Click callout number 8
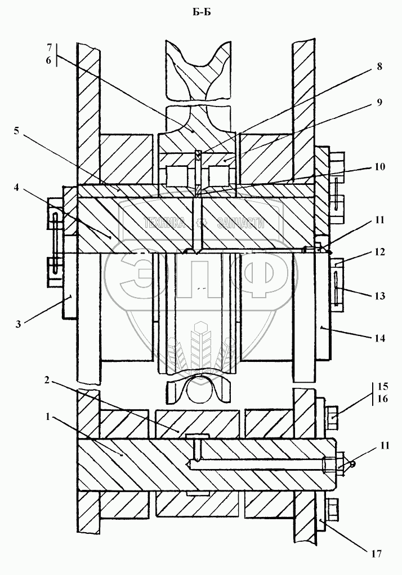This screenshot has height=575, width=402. click(x=379, y=67)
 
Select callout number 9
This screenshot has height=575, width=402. click(x=379, y=102)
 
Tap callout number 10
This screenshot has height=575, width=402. click(x=379, y=167)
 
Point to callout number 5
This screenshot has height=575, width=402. click(x=16, y=131)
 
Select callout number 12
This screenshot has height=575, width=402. click(x=379, y=252)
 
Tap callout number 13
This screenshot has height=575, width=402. click(x=379, y=295)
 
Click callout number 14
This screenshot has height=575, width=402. click(x=379, y=338)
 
